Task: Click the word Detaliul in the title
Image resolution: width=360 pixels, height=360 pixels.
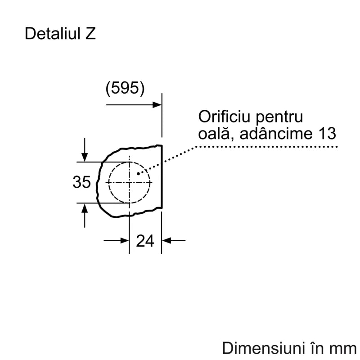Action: pos(53,33)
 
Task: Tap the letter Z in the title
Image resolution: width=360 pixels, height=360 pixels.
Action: pos(90,34)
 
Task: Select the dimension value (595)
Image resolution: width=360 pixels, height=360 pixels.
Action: pos(125,88)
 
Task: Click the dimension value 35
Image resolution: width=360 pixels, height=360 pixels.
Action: pos(81,182)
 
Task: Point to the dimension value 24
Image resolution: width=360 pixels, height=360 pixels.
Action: pos(145,241)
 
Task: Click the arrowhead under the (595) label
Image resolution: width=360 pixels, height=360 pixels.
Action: pos(157,105)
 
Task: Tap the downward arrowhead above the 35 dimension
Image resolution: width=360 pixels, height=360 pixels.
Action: pos(85,157)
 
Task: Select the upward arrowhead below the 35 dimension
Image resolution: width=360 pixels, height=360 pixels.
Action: pos(85,208)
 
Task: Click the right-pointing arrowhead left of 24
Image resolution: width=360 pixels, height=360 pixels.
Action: pos(125,241)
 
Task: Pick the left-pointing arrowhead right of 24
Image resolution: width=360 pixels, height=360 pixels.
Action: pos(166,241)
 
